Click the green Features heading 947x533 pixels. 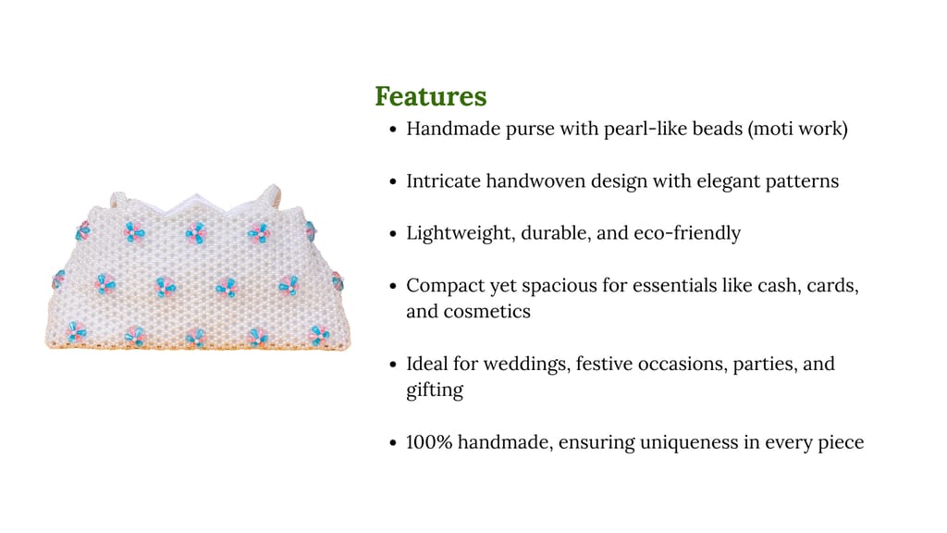431,96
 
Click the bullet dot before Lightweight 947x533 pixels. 393,234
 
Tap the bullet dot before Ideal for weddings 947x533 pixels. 393,365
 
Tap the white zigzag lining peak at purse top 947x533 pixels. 197,197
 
